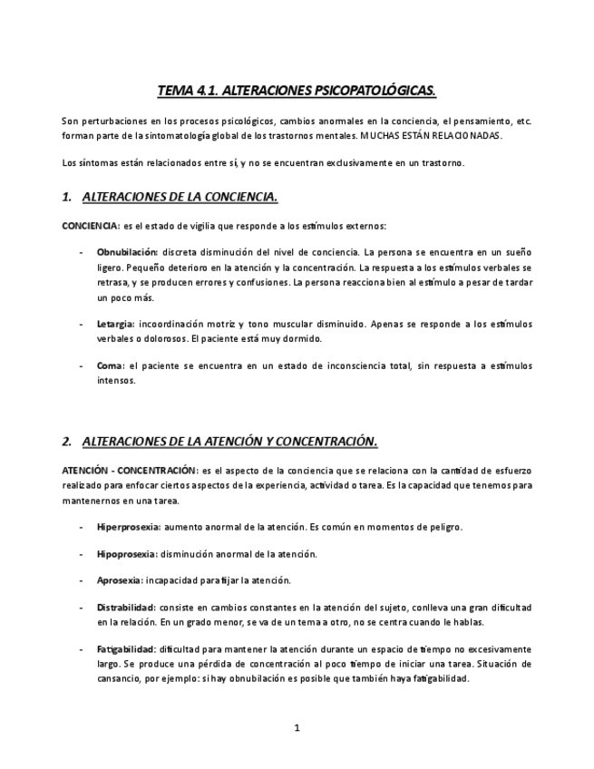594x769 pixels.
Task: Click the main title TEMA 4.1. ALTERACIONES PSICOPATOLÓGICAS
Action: (x=297, y=91)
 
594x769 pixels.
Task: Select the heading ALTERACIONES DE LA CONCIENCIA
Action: (x=180, y=196)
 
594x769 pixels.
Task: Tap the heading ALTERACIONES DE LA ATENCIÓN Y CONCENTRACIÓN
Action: (x=229, y=441)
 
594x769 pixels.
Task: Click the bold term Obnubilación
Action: (x=127, y=251)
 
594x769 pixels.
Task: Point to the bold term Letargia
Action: (x=115, y=323)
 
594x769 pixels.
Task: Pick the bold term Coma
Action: (x=111, y=365)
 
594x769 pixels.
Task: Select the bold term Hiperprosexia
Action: (x=129, y=527)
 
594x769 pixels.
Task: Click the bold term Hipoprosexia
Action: (x=126, y=553)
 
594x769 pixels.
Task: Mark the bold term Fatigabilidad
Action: (x=126, y=649)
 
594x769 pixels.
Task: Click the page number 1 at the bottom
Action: (x=297, y=727)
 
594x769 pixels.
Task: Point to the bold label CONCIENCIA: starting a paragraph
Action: (x=91, y=225)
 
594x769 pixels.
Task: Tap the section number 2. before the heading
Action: (x=67, y=441)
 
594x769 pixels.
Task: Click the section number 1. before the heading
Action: (x=67, y=196)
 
